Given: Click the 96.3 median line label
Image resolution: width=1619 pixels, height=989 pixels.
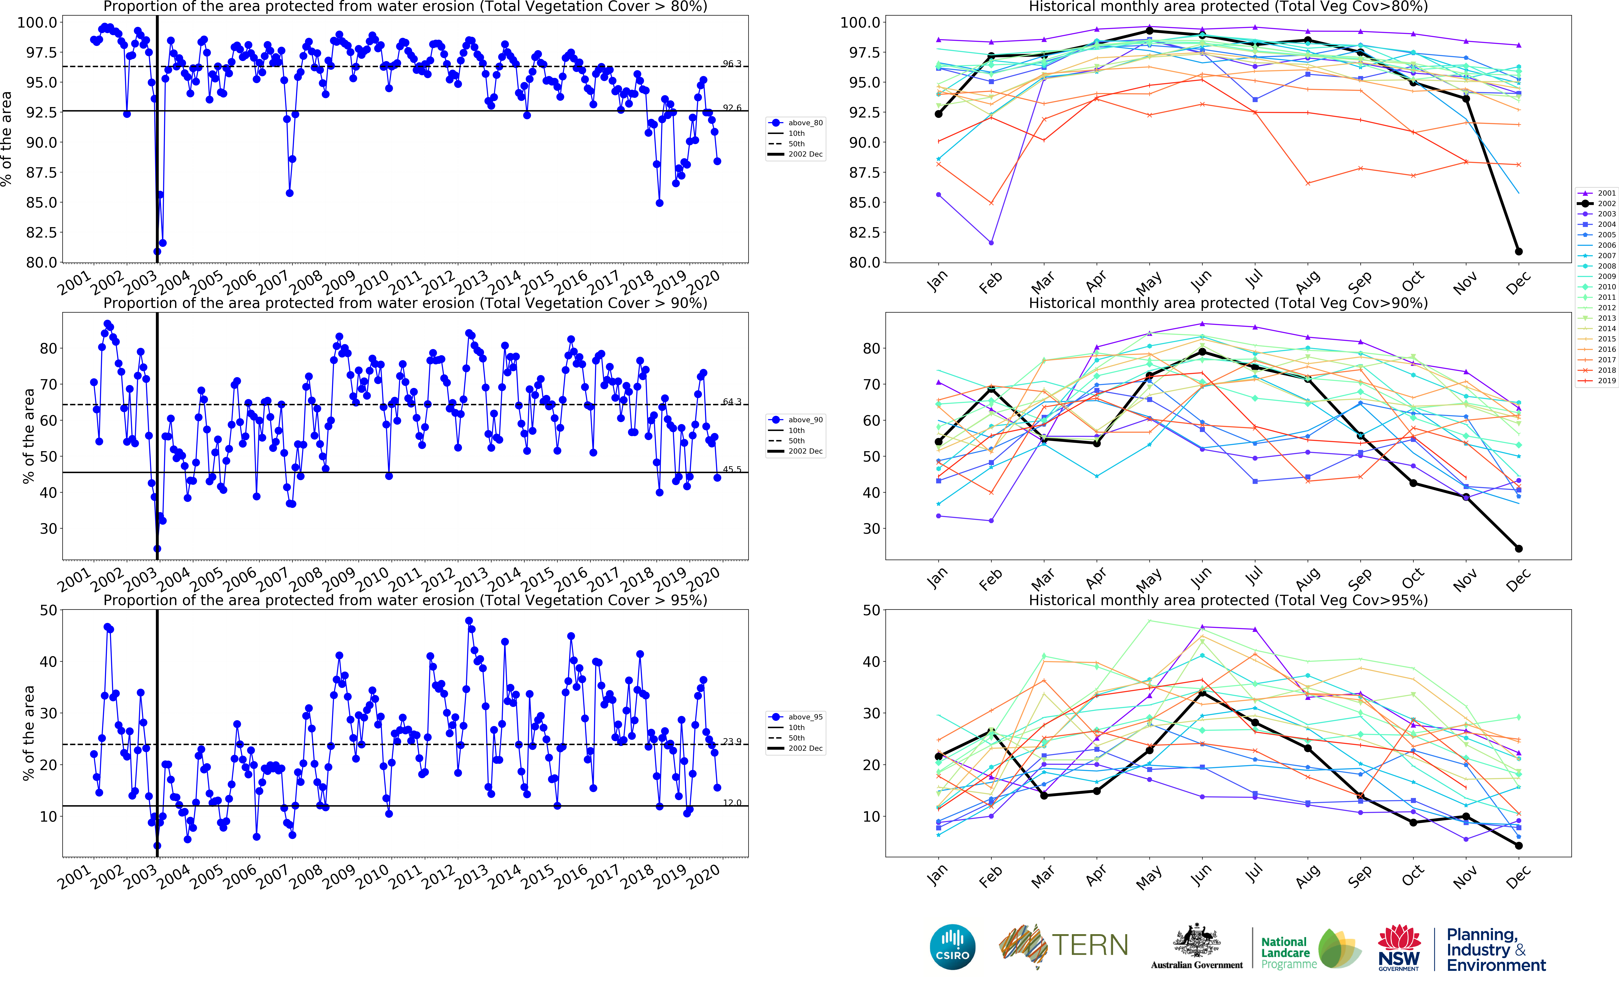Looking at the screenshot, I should coord(731,64).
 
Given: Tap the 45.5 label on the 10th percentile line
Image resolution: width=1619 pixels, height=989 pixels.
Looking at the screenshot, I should coord(731,469).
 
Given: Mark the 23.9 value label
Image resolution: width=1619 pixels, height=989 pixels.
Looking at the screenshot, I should coord(731,741).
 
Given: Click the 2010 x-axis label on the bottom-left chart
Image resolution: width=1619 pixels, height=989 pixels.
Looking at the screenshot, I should coord(372,877).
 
